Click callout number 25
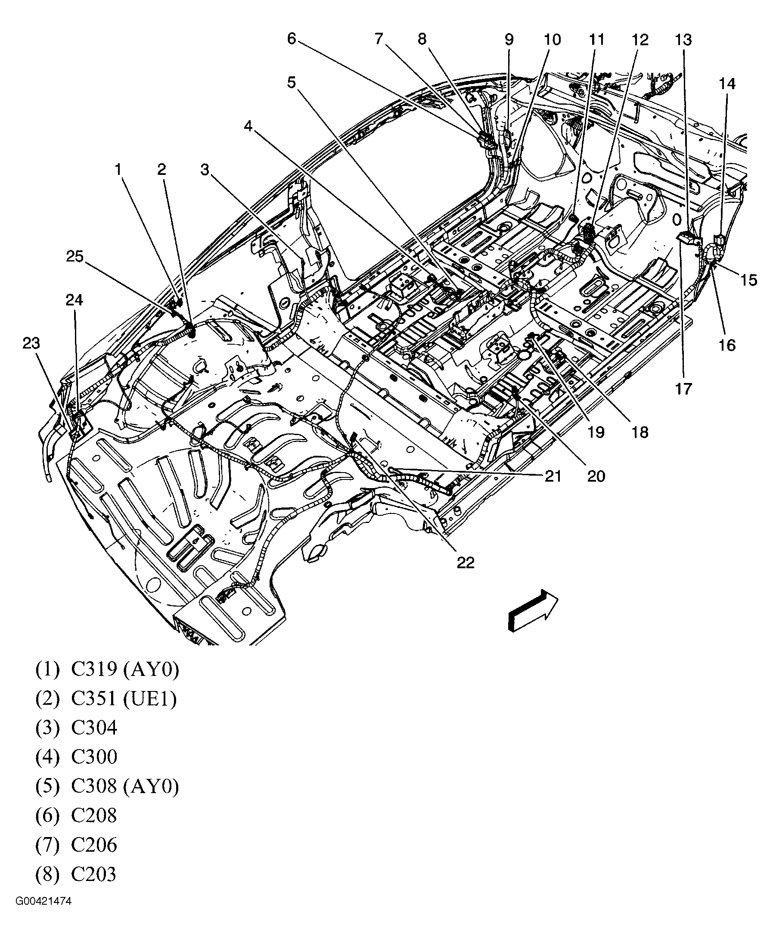tap(75, 257)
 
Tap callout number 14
tap(727, 84)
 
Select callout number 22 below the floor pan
tap(466, 563)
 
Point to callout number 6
tap(292, 39)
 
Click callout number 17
tap(683, 389)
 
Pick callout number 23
tap(31, 343)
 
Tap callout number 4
tap(248, 127)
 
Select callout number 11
tap(597, 40)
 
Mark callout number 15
tap(748, 280)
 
